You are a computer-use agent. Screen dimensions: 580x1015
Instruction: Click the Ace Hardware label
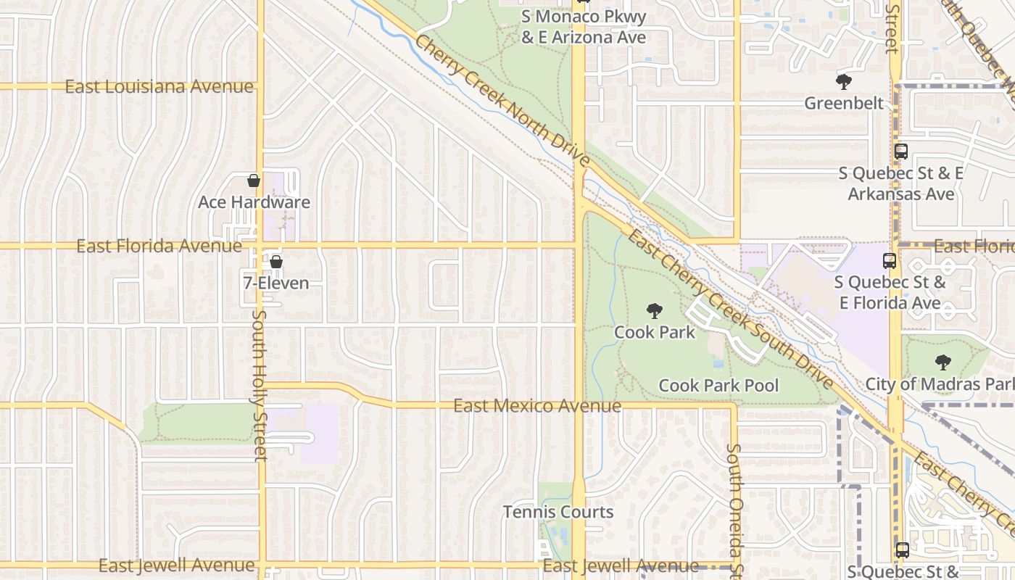click(x=254, y=202)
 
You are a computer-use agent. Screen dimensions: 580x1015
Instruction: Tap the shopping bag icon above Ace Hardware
click(x=254, y=181)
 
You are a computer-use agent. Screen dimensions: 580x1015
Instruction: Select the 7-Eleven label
click(x=275, y=283)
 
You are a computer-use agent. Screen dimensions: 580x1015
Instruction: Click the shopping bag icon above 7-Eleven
click(x=275, y=262)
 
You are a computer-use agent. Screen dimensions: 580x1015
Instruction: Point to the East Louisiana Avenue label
click(x=159, y=87)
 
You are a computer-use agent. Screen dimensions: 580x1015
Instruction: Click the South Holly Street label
click(x=260, y=386)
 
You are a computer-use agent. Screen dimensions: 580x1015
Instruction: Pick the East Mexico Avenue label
click(x=537, y=405)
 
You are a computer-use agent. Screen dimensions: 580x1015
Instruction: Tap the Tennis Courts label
click(x=558, y=512)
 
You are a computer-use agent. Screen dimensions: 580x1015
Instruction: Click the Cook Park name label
click(x=655, y=332)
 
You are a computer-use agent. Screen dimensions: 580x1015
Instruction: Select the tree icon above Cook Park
click(x=655, y=311)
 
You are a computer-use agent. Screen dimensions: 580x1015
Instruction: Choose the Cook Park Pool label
click(x=718, y=385)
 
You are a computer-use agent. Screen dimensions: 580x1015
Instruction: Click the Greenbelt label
click(x=844, y=103)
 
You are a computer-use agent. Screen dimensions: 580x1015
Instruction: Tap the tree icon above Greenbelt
click(x=843, y=81)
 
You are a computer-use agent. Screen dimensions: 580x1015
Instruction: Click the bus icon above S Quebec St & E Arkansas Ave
click(x=901, y=152)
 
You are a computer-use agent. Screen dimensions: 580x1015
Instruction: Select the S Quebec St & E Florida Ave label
click(x=890, y=292)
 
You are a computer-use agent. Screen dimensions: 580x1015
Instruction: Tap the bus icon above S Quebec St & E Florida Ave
click(x=890, y=261)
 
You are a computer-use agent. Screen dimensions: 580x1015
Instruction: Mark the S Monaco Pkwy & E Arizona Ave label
click(x=584, y=27)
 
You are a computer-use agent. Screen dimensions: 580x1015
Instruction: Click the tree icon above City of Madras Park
click(x=942, y=362)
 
